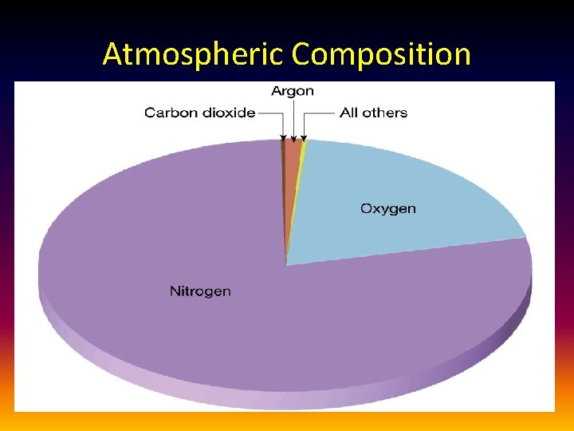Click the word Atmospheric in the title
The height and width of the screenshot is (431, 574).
194,54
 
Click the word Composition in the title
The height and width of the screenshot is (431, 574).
381,54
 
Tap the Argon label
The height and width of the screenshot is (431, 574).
293,91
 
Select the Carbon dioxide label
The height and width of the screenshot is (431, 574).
199,113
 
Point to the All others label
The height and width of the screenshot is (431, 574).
373,113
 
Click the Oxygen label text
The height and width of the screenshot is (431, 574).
388,209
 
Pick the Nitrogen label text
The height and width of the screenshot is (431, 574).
200,291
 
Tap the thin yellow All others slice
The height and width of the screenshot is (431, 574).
301,160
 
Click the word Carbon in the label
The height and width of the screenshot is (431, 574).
170,113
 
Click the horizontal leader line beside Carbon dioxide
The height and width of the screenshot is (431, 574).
270,113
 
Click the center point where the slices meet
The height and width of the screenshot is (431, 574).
285,264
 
